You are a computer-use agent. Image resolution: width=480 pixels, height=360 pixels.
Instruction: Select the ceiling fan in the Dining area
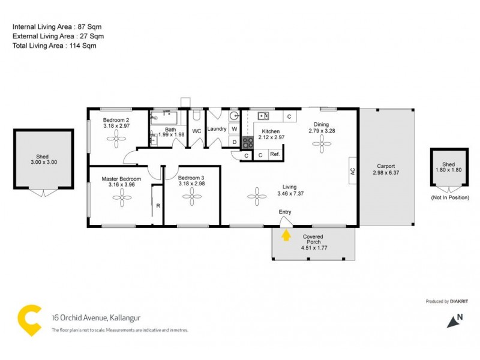(322, 144)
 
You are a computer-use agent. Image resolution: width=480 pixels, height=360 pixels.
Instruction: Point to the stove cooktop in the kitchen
(247, 142)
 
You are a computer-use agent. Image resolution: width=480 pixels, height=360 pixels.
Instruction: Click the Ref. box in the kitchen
(275, 155)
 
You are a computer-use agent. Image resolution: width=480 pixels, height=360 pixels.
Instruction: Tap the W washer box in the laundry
(234, 128)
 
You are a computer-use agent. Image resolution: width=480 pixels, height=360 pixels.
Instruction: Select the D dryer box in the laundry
(234, 142)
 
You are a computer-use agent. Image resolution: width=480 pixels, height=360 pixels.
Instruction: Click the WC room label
(196, 130)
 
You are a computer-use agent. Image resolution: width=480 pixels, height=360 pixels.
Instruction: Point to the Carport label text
(385, 166)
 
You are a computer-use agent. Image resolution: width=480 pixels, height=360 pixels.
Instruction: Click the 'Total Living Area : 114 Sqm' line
(55, 45)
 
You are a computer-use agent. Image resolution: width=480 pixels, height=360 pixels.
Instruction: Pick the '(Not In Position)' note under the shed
(450, 197)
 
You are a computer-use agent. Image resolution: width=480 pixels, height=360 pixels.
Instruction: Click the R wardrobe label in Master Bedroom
(158, 206)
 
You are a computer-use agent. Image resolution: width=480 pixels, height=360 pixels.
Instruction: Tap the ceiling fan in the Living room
(257, 194)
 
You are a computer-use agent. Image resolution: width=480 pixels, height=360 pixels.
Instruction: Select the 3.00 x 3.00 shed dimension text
(43, 162)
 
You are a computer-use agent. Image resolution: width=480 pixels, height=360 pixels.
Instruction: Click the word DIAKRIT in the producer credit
(462, 302)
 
